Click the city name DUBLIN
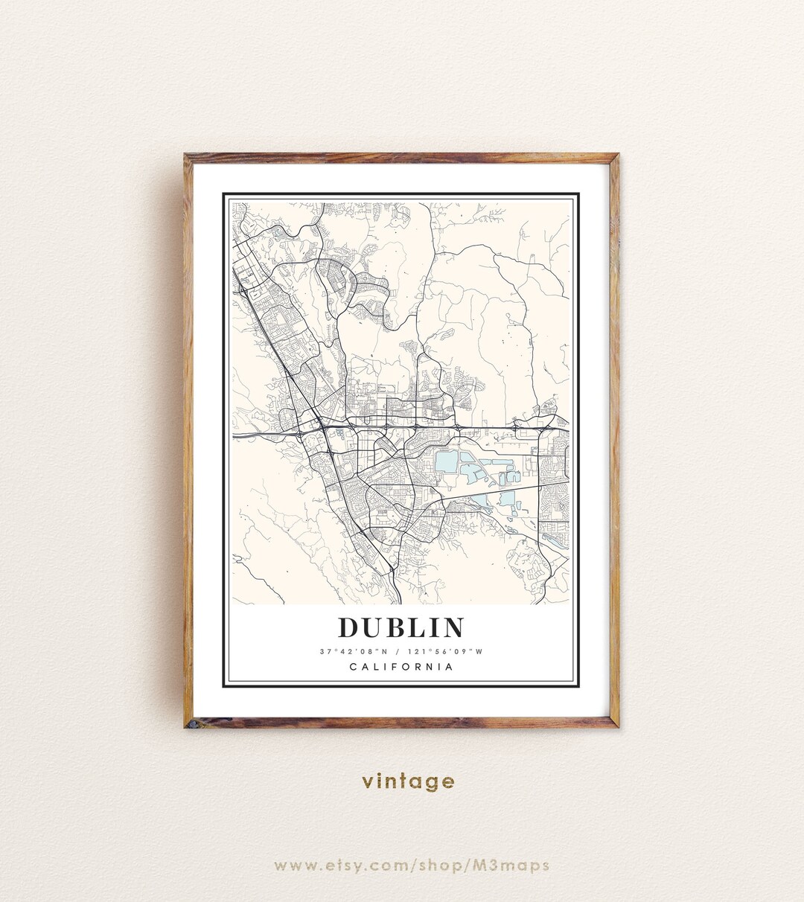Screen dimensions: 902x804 point(401,627)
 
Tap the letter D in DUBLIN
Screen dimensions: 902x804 point(349,627)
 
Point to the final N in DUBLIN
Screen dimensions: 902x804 point(452,627)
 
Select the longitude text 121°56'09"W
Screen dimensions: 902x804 point(447,652)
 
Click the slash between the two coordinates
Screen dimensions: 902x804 point(398,652)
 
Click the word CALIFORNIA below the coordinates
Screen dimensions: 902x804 point(401,667)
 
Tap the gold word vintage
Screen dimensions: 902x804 point(408,781)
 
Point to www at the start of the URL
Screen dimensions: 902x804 point(292,866)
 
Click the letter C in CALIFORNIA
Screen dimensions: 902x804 point(353,667)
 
